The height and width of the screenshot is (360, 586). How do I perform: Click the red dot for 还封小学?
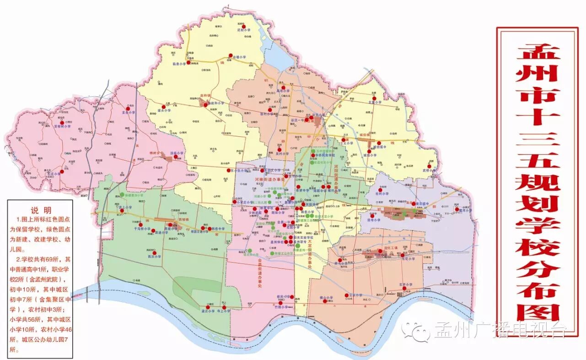tap(244, 26)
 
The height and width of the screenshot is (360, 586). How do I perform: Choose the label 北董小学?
tap(374, 102)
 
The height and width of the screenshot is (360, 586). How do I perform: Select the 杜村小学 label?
tap(381, 193)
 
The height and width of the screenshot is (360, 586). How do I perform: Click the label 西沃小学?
tap(154, 257)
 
